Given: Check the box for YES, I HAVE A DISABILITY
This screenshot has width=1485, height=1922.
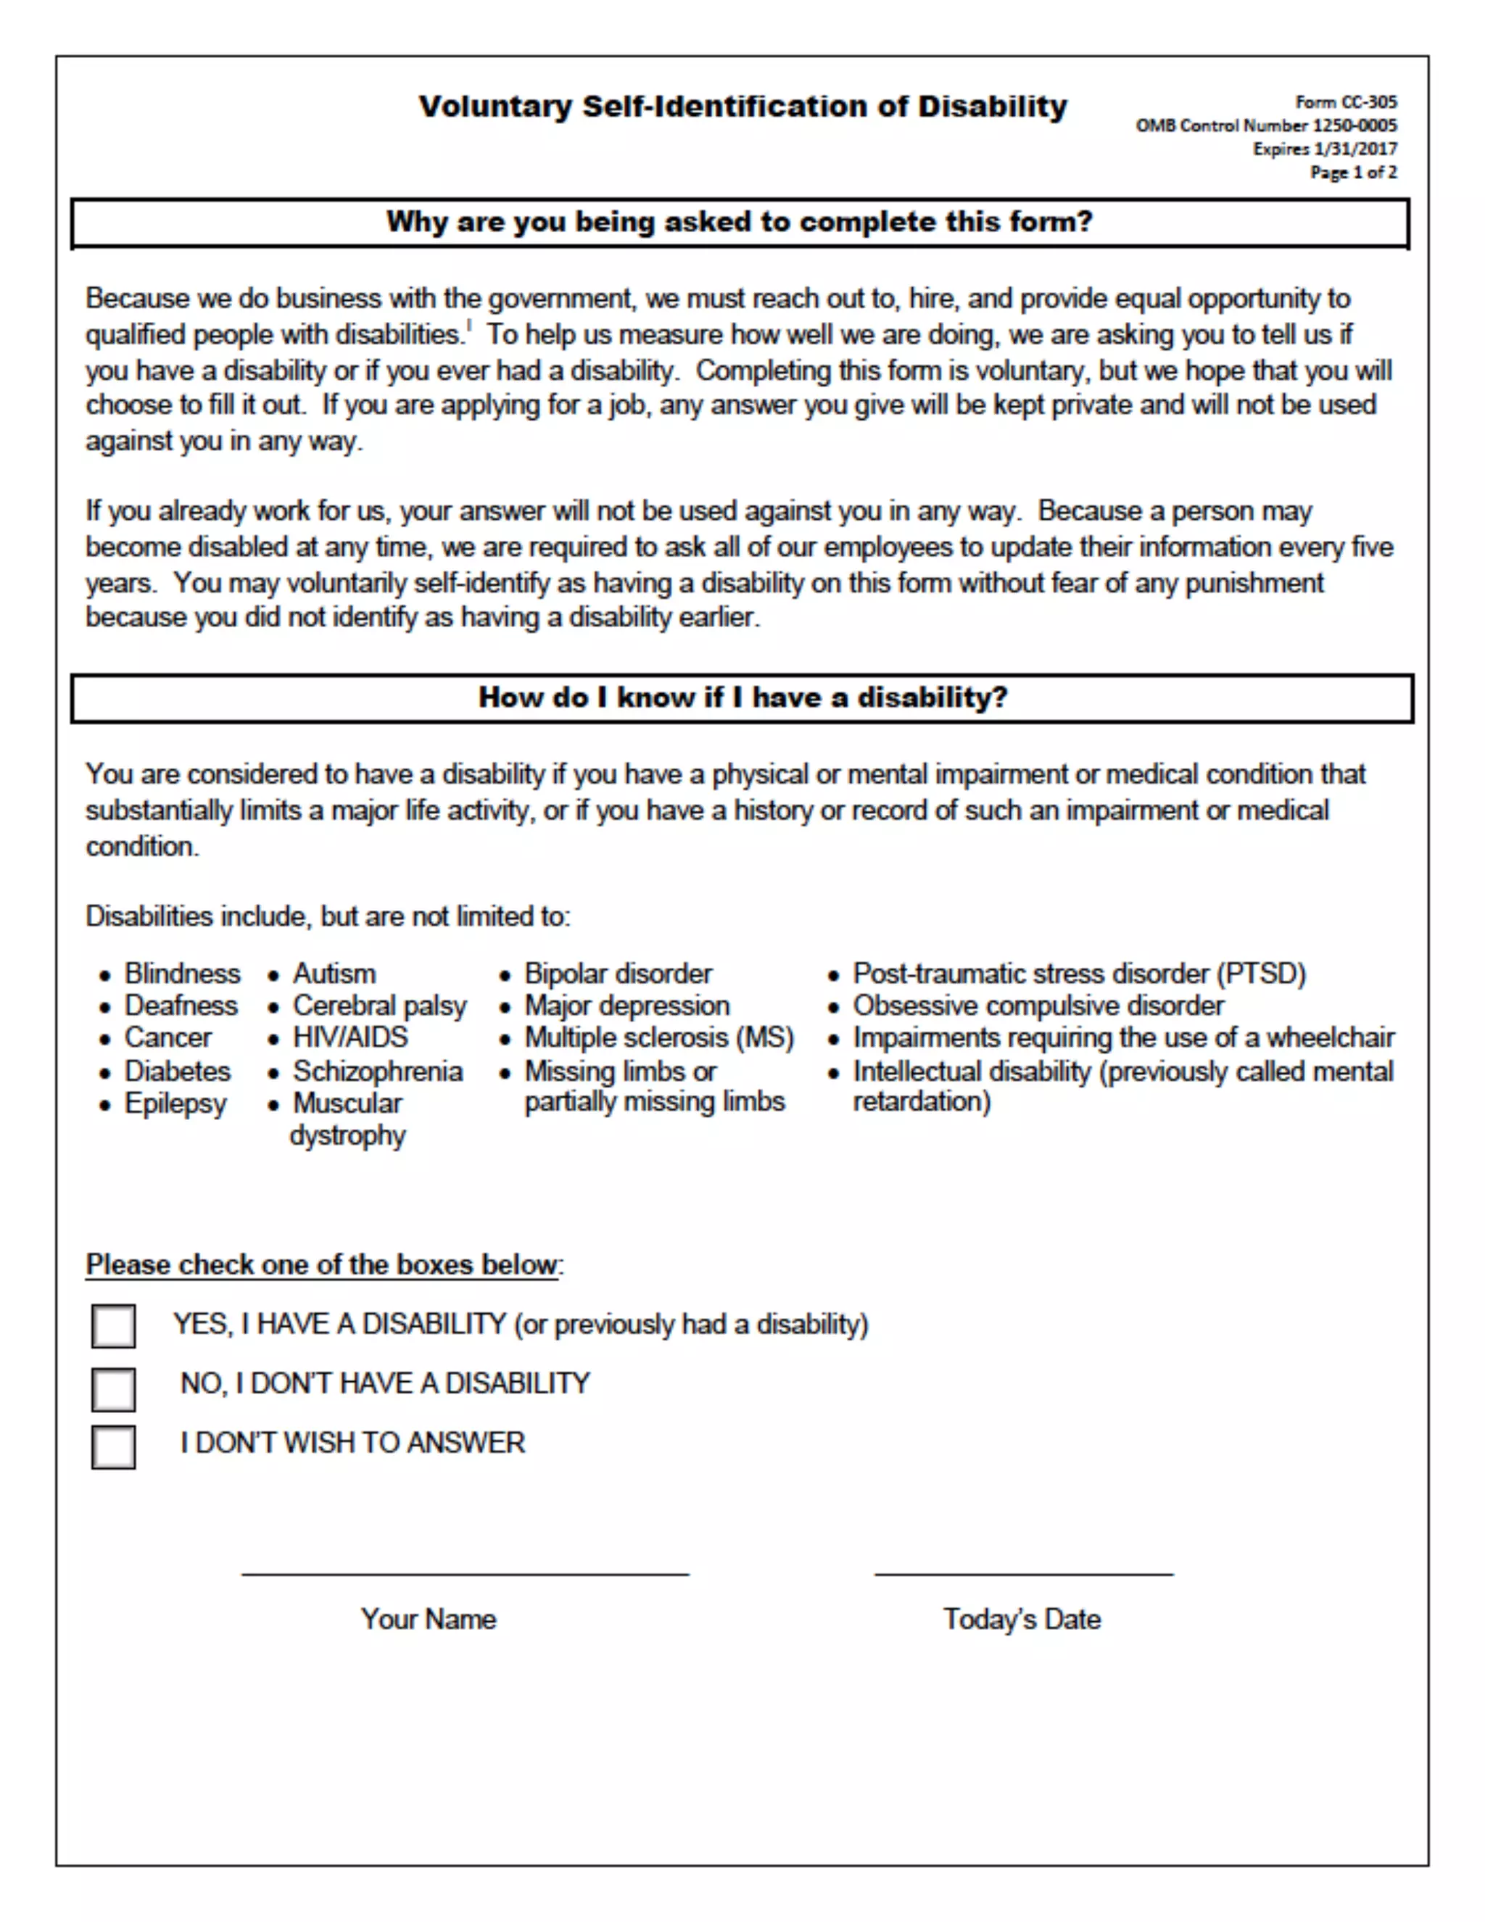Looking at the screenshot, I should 114,1325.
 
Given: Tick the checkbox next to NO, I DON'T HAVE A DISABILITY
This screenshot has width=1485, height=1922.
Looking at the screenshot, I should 114,1388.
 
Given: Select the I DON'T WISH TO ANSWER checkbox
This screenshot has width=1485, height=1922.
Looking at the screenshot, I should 114,1447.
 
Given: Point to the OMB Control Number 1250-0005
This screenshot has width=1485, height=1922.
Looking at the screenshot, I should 1265,125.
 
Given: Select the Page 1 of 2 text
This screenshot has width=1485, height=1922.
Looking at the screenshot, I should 1353,173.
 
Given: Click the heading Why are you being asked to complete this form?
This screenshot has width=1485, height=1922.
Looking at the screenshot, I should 739,221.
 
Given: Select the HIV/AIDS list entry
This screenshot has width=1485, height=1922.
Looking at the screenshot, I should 350,1037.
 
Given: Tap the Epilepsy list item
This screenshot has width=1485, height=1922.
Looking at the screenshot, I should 175,1103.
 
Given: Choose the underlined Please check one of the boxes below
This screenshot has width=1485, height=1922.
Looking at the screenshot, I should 322,1264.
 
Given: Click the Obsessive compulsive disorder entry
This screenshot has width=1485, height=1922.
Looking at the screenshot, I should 1038,1005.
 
